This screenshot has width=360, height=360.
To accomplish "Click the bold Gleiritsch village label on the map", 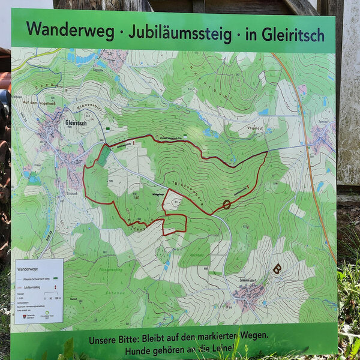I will pyautogui.click(x=61, y=122).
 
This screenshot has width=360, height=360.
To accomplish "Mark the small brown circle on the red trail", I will pyautogui.click(x=226, y=205).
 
